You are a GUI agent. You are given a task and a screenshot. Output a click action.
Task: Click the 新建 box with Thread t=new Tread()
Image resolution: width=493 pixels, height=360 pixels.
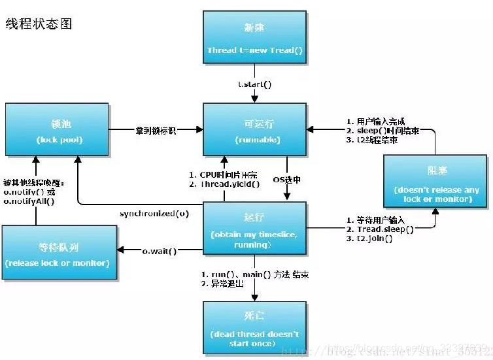pyautogui.click(x=254, y=39)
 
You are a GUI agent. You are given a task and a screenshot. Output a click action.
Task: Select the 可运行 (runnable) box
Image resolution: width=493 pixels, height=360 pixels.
pyautogui.click(x=254, y=130)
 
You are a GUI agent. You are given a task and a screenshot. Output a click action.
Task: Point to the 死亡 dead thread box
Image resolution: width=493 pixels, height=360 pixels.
pyautogui.click(x=254, y=325)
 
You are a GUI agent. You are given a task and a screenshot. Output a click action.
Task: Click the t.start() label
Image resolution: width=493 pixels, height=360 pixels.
pyautogui.click(x=254, y=85)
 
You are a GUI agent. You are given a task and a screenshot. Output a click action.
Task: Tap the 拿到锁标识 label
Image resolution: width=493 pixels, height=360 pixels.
pyautogui.click(x=156, y=129)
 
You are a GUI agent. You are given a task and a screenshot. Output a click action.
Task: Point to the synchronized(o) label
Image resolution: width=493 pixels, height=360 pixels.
pyautogui.click(x=154, y=214)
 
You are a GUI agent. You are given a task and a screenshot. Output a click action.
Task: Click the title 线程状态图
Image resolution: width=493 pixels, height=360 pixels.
pyautogui.click(x=39, y=24)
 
